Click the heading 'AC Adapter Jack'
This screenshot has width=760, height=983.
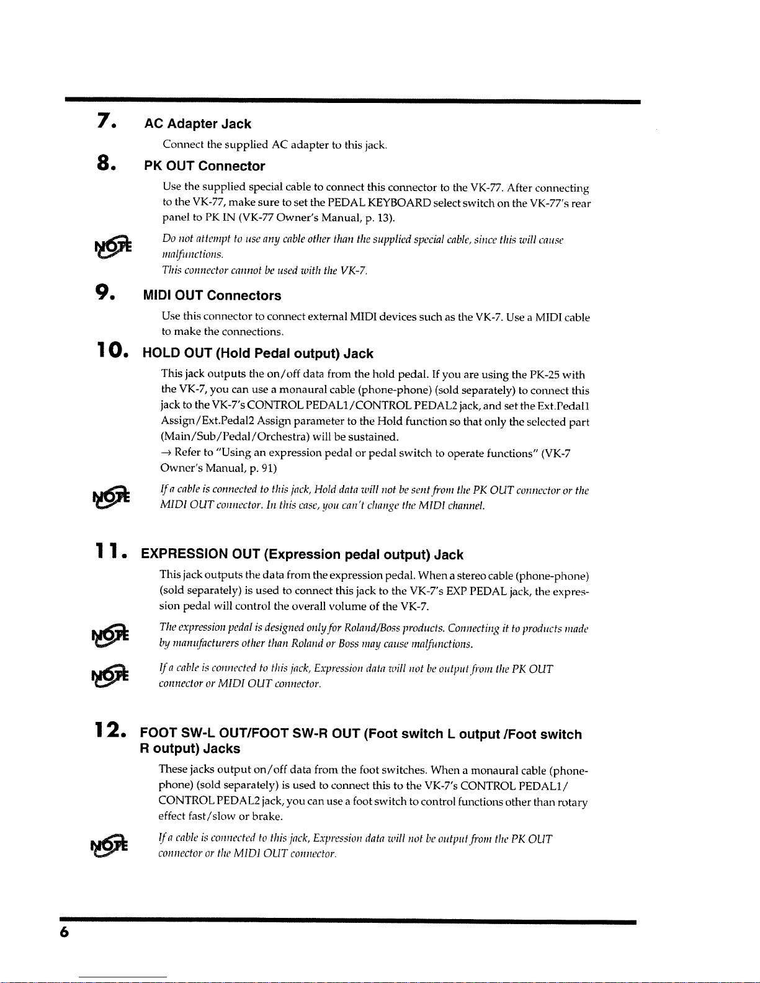pos(197,124)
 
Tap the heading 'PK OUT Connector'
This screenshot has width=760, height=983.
pos(204,166)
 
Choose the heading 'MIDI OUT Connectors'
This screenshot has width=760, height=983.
pos(212,296)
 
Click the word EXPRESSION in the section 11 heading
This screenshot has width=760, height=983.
pos(184,554)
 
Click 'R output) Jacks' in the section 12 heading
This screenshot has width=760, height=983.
pos(190,749)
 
